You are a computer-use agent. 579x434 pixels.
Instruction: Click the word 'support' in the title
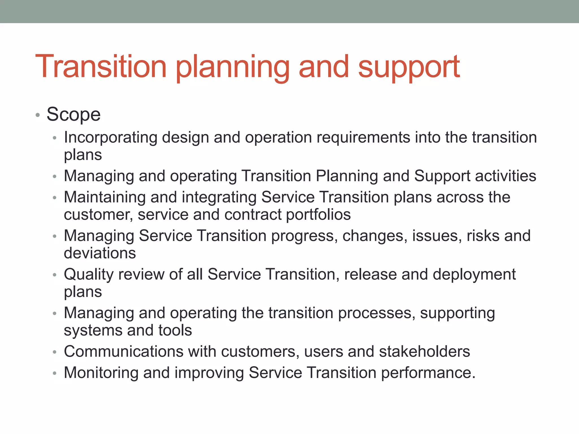[409, 68]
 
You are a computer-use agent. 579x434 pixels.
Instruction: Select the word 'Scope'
[74, 114]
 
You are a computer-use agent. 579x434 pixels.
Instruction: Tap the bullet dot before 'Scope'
[38, 115]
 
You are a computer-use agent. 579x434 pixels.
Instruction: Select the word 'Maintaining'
[105, 197]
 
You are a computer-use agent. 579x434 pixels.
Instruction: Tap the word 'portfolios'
[318, 214]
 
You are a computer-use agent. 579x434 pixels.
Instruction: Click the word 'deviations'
[100, 253]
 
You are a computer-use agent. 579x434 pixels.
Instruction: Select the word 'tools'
[175, 330]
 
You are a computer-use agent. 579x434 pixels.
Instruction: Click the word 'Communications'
[124, 351]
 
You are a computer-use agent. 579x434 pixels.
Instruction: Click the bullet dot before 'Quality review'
[55, 275]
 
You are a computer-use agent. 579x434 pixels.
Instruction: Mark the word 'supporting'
[457, 313]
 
